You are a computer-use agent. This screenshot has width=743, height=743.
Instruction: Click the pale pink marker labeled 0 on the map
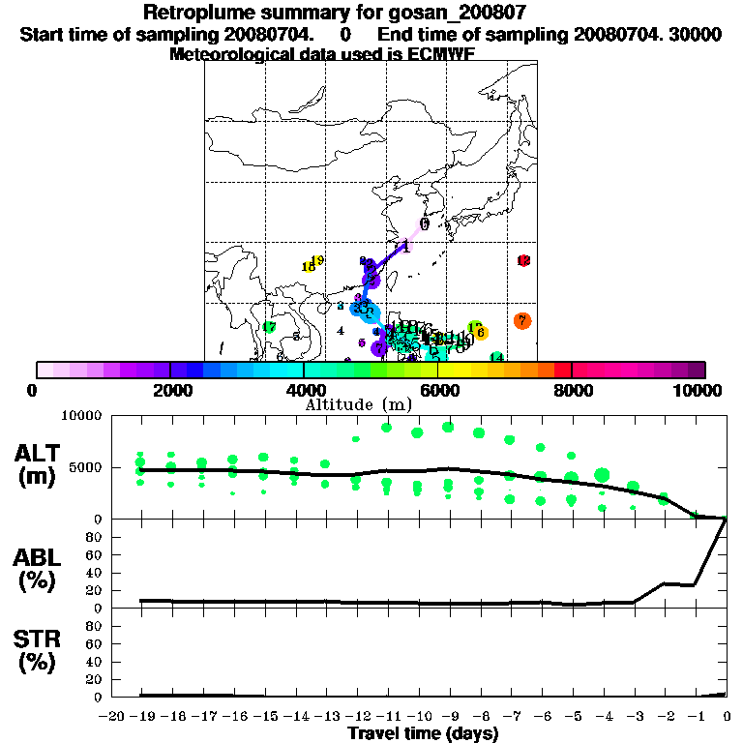click(424, 224)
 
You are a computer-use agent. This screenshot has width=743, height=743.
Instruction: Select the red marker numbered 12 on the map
click(523, 261)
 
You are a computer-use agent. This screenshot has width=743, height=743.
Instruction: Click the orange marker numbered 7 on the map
click(522, 320)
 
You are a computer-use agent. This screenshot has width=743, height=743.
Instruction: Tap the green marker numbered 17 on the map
click(269, 328)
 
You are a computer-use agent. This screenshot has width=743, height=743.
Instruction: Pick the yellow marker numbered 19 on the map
click(316, 260)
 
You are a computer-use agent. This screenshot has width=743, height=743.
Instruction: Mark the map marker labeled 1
click(405, 247)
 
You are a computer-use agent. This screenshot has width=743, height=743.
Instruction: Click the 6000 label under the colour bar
click(438, 390)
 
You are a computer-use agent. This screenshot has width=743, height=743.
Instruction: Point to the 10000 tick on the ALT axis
click(81, 416)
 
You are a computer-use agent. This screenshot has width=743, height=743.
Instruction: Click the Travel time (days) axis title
click(423, 734)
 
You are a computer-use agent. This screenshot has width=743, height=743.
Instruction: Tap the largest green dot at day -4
click(602, 474)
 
